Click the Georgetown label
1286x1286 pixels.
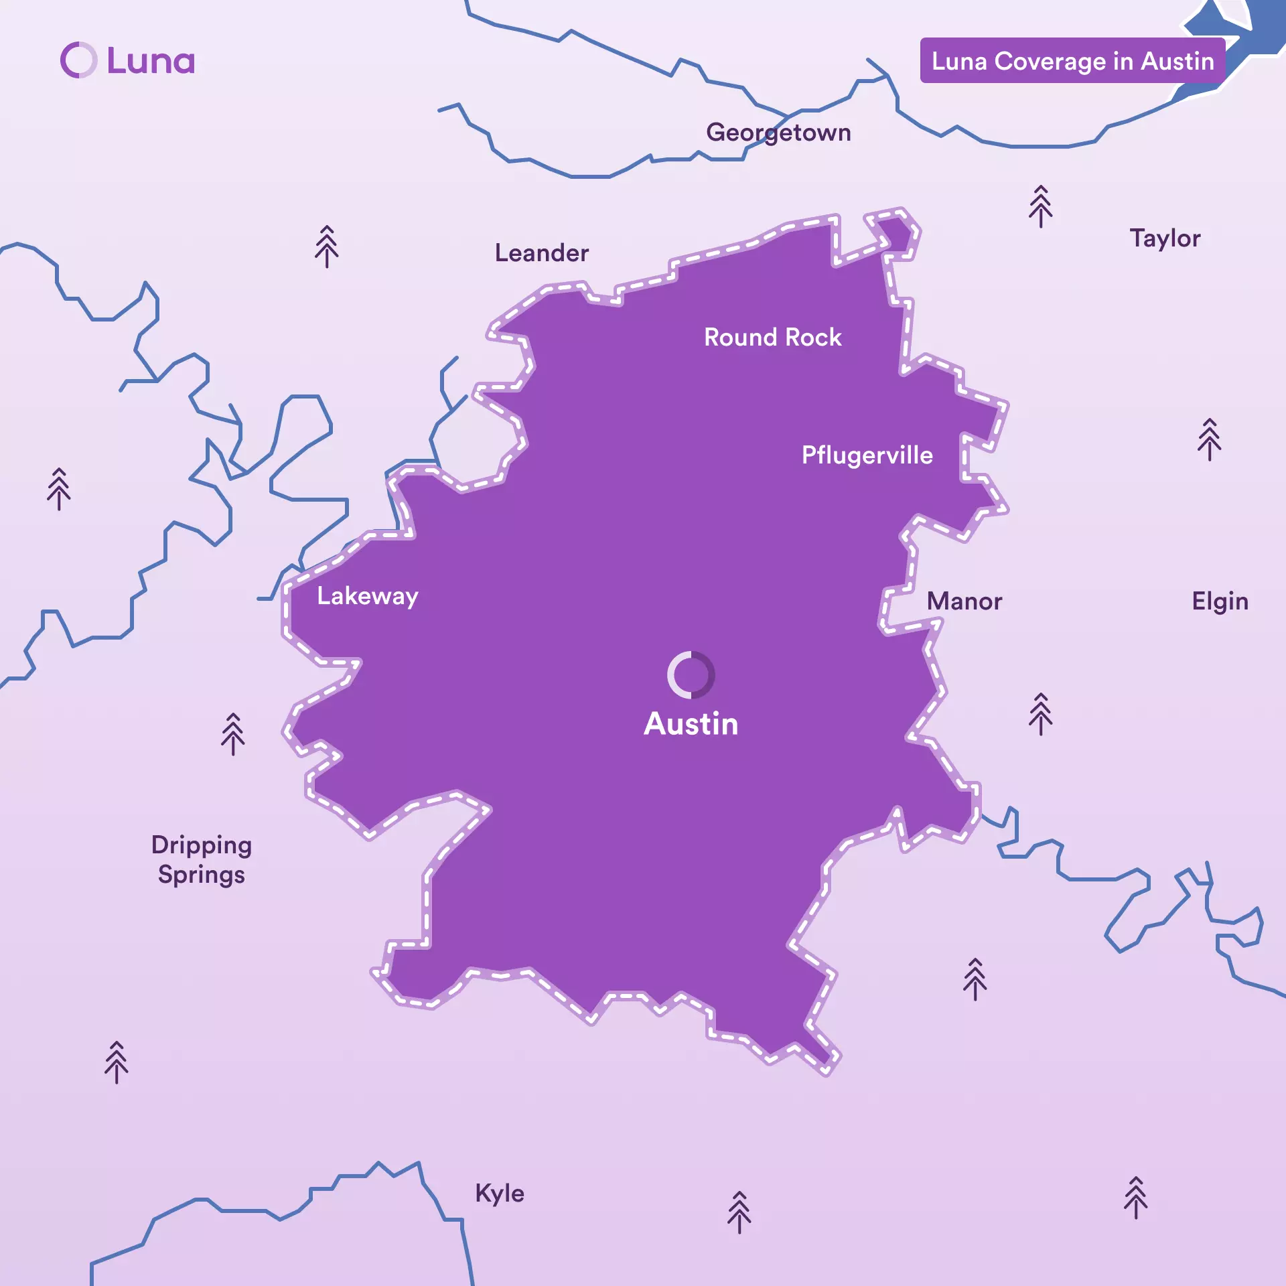coord(778,133)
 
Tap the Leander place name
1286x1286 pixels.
coord(541,253)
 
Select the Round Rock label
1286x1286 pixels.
coord(772,337)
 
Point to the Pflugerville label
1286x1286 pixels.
coord(867,455)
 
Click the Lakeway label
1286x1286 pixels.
coord(367,595)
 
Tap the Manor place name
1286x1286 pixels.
coord(964,601)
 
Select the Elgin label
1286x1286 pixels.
coord(1220,601)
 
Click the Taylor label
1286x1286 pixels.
coord(1165,238)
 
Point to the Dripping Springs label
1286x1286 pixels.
coord(201,859)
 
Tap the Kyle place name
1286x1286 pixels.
coord(500,1194)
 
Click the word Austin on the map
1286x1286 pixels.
coord(691,724)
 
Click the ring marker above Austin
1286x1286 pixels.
coord(691,674)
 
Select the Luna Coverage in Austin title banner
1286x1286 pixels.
coord(1072,61)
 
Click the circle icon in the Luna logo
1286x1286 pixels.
coord(79,60)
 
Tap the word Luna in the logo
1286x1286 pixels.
coord(151,61)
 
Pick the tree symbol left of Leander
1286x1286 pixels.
coord(327,246)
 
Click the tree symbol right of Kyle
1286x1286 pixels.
coord(739,1212)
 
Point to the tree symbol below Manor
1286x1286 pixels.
coord(1040,714)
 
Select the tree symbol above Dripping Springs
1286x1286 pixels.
coord(233,734)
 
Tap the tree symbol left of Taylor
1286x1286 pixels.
coord(1040,206)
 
